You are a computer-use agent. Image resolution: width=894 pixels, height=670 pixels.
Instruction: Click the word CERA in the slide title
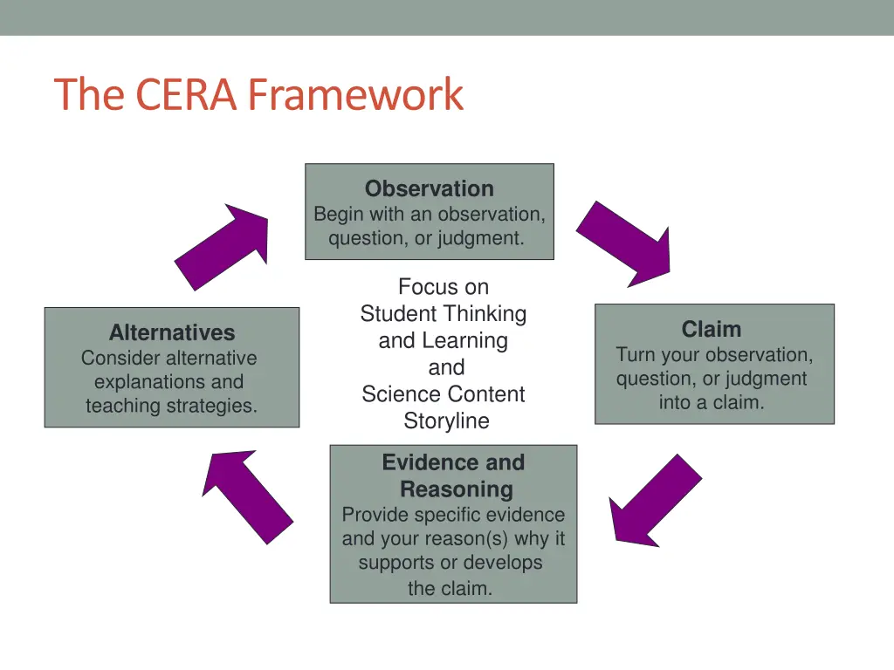click(x=185, y=95)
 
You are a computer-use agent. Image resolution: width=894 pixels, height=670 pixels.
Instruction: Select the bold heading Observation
click(x=429, y=189)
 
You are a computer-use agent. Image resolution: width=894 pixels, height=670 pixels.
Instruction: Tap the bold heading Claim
click(x=712, y=330)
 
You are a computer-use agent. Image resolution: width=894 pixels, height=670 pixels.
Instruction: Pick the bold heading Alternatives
click(x=172, y=333)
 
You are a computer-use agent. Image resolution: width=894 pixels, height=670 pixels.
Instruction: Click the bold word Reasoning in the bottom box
click(x=456, y=489)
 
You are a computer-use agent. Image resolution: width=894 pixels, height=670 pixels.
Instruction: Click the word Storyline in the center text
click(x=446, y=421)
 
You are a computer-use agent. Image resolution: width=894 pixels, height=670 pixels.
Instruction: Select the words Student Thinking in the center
click(x=444, y=314)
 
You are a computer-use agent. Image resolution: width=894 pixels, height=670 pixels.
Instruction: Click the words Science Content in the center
click(x=444, y=394)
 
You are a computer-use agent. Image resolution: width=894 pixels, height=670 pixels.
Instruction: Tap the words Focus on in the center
click(x=444, y=287)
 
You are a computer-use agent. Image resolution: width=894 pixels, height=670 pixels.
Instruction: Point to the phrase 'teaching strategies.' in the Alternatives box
click(x=172, y=406)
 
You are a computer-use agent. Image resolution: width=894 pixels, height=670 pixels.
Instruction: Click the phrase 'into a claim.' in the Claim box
click(x=712, y=403)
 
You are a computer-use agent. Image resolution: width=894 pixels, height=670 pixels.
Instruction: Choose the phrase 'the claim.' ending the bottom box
click(x=450, y=589)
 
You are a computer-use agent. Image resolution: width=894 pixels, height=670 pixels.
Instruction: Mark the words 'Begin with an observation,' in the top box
click(x=429, y=215)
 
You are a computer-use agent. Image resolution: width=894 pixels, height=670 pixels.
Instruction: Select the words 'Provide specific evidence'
click(x=453, y=516)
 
